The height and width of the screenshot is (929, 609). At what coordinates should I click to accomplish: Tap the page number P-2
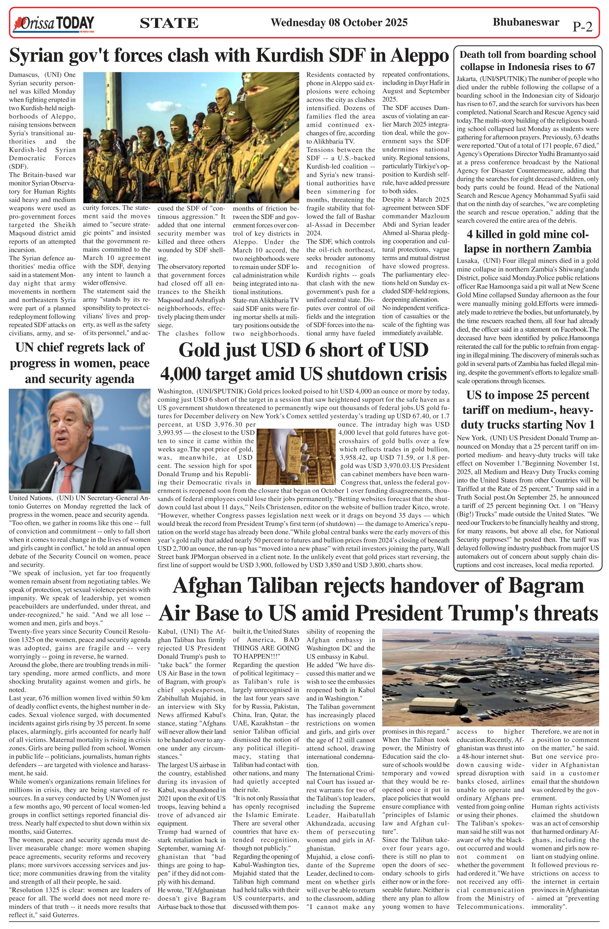tap(582, 27)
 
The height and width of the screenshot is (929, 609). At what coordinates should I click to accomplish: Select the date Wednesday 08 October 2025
tap(339, 23)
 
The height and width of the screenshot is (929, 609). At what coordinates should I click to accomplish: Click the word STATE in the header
tap(169, 24)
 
